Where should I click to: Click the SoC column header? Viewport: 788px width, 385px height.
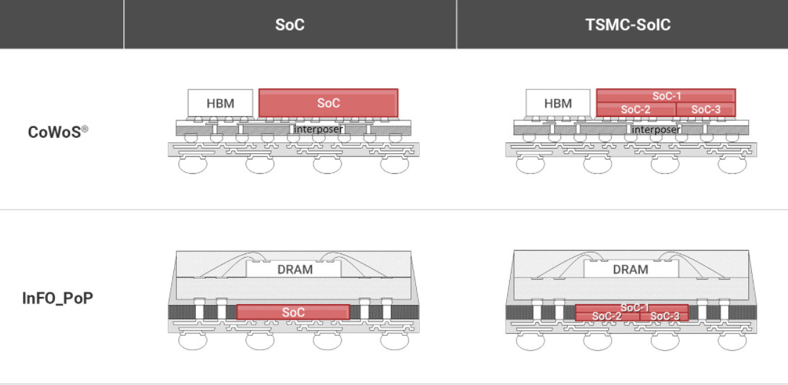290,25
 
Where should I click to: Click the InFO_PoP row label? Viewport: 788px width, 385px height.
58,298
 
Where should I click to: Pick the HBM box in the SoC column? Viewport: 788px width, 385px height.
220,103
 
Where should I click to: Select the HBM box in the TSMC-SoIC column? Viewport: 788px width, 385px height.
558,103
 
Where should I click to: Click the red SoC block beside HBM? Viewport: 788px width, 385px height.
328,103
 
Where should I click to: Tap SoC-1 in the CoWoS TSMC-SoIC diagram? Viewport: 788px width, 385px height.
666,96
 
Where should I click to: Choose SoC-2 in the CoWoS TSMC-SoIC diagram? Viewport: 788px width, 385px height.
636,110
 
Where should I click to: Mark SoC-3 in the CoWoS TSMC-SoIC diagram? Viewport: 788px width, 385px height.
706,110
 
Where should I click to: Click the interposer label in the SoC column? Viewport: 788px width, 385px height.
318,129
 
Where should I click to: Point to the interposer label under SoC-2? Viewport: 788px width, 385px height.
656,129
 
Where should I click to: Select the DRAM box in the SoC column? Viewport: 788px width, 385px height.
295,269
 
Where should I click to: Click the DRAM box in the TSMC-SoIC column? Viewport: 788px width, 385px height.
630,269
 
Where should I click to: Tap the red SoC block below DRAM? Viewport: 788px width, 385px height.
293,312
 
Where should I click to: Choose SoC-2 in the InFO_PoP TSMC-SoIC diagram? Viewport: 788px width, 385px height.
607,316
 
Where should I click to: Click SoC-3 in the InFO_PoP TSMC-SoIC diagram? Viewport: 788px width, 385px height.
664,316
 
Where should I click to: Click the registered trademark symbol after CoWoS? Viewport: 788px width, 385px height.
85,129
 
